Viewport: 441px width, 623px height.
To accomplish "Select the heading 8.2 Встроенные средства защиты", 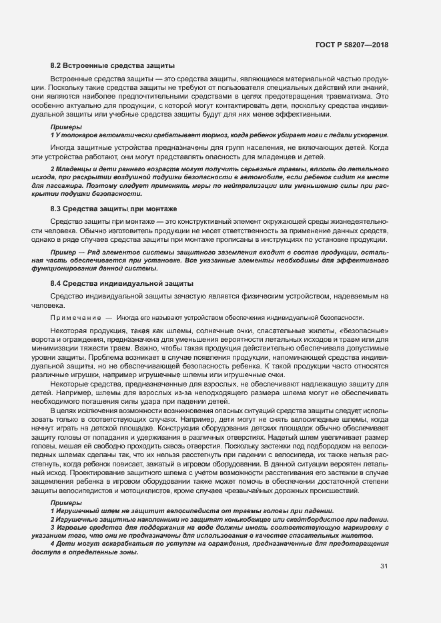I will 113,66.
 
